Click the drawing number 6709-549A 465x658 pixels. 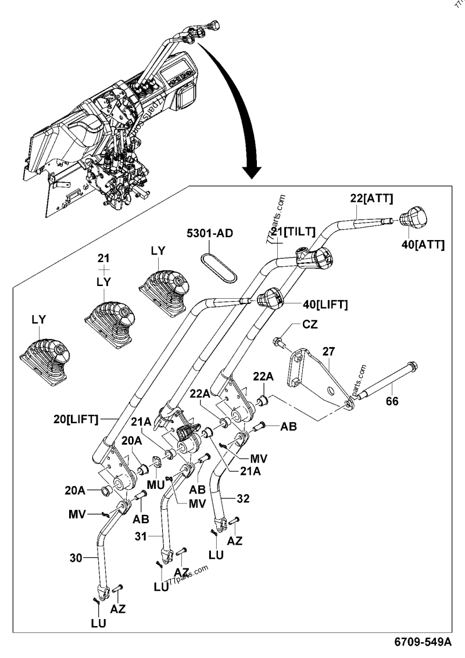click(x=423, y=641)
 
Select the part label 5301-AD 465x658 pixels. click(x=209, y=234)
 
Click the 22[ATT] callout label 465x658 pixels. click(x=372, y=199)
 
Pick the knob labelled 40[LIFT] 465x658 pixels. click(x=269, y=299)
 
